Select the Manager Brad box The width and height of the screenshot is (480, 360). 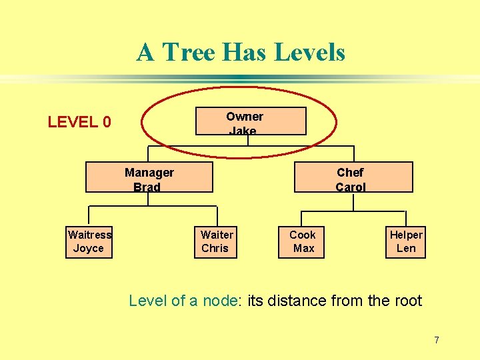point(149,177)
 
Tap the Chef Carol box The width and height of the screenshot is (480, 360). point(353,177)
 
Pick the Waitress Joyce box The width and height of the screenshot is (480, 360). point(89,241)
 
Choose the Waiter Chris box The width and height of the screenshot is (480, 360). point(217,241)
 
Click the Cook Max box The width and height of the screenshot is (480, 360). point(301,241)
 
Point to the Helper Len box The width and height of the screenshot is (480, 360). point(406,241)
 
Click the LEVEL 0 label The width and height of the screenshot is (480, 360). point(79,122)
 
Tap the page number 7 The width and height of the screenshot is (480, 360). point(437,340)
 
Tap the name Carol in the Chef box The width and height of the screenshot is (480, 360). point(351,187)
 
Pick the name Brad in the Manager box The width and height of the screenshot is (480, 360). point(147,187)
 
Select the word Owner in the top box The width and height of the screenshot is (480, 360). point(245,116)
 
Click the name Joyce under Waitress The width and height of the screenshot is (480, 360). point(89,248)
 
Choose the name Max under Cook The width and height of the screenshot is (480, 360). point(303,248)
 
